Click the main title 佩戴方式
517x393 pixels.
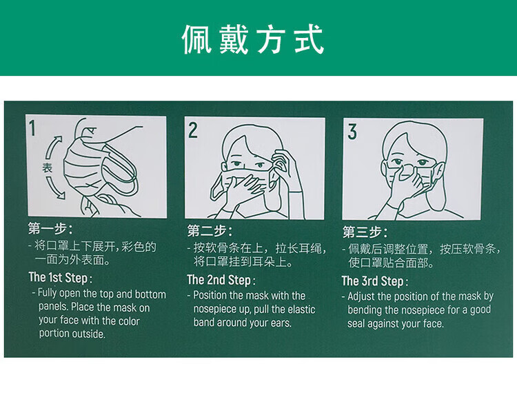click(x=253, y=39)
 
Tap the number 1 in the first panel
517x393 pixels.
click(x=32, y=128)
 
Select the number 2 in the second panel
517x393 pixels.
click(x=193, y=130)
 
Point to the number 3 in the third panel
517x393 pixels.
click(x=352, y=132)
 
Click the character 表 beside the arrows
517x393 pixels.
click(x=47, y=168)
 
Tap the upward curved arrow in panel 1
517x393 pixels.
click(x=52, y=148)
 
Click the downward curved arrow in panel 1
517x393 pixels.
click(x=55, y=188)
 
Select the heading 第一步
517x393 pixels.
click(x=50, y=228)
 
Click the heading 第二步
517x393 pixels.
click(x=210, y=231)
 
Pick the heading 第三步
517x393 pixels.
click(x=365, y=232)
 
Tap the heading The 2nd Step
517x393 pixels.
click(x=221, y=280)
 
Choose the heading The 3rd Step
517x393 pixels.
click(x=374, y=281)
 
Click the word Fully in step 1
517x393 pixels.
click(x=47, y=293)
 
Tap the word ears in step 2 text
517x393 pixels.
click(x=281, y=323)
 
